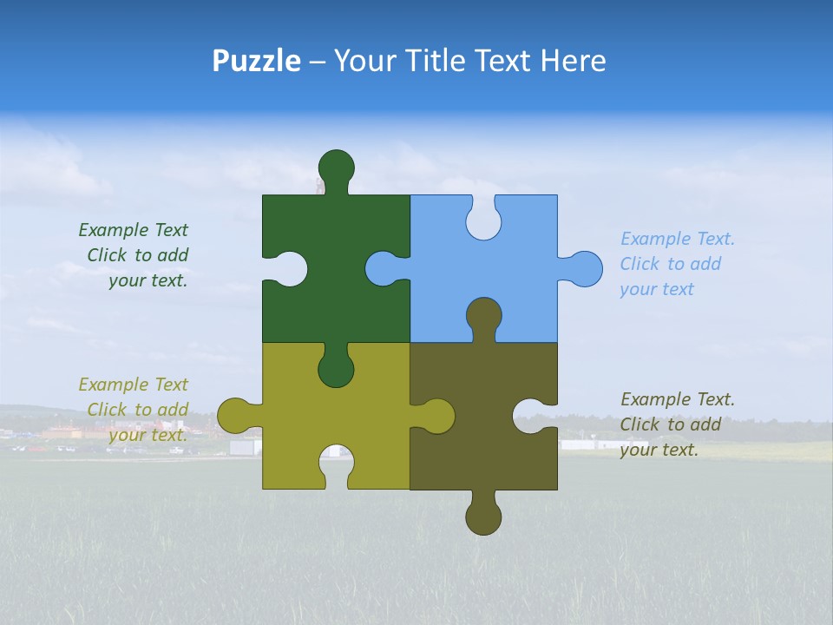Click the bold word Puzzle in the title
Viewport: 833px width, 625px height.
click(256, 61)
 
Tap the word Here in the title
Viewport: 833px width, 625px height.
click(573, 61)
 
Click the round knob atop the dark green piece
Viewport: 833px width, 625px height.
click(336, 167)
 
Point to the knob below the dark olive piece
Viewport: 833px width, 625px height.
click(483, 517)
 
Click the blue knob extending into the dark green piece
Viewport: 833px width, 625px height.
click(383, 268)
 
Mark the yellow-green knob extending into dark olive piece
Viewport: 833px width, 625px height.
click(436, 416)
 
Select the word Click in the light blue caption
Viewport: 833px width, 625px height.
click(639, 264)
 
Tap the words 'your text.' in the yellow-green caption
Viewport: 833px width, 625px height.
click(148, 435)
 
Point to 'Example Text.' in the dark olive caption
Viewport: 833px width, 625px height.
click(677, 399)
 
